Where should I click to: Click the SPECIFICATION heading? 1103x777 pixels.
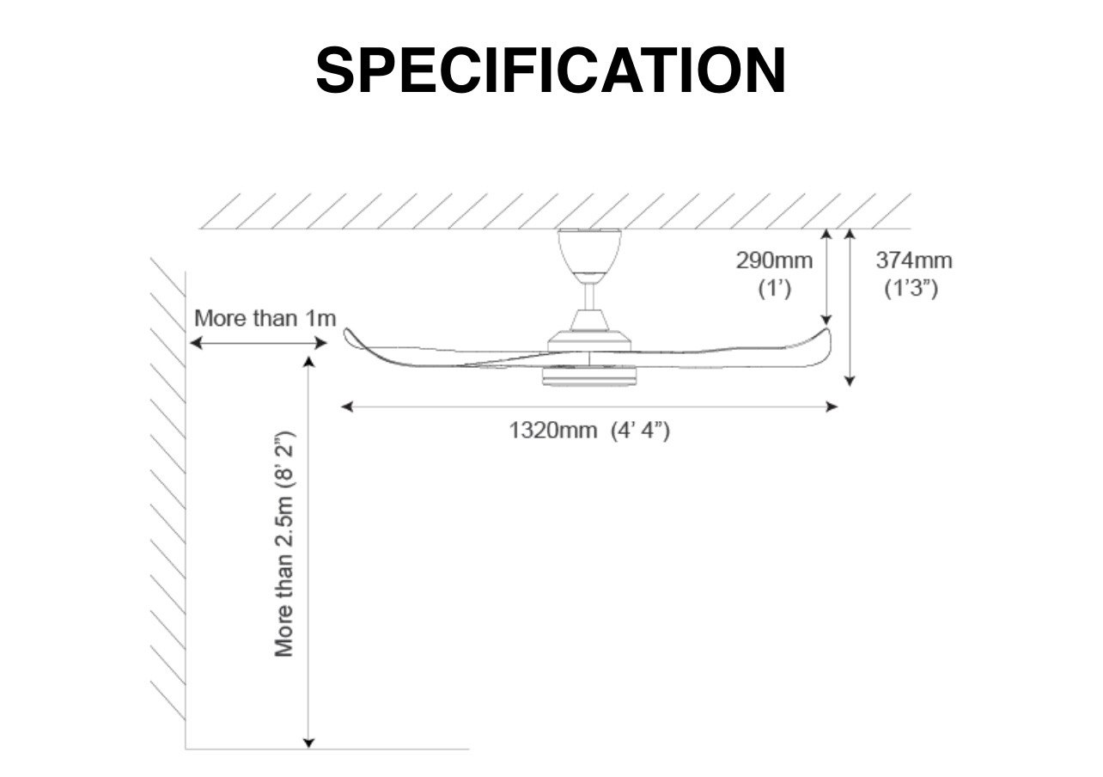point(551,70)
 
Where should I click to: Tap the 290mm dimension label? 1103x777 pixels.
point(774,260)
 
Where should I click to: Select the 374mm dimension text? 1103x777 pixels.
point(914,260)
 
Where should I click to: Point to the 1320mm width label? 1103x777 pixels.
point(552,430)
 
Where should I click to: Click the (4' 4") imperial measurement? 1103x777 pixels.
point(640,431)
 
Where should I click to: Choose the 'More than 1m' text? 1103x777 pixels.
point(265,318)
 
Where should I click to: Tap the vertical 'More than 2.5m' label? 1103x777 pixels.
point(284,544)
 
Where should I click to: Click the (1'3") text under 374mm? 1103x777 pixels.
point(911,288)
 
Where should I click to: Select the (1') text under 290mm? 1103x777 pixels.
point(775,288)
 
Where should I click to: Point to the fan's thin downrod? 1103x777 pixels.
point(589,297)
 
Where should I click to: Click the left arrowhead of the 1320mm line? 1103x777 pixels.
point(347,407)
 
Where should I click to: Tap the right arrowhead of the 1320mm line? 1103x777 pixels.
point(832,407)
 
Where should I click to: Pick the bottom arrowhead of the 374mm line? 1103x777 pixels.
point(850,381)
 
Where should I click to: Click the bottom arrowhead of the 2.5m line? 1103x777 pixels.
point(308,743)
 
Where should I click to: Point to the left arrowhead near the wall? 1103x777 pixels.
point(196,343)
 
